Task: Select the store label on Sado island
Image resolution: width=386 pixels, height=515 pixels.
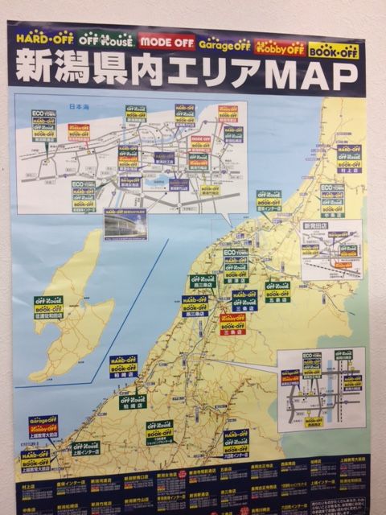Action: point(48,307)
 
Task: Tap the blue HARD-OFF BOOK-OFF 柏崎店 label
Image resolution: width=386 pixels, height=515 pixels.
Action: point(123,366)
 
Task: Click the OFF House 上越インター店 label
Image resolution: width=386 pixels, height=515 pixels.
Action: point(84,448)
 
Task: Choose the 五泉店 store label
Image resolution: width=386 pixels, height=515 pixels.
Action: point(277,290)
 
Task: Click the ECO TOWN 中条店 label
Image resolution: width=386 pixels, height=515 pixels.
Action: point(332,201)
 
